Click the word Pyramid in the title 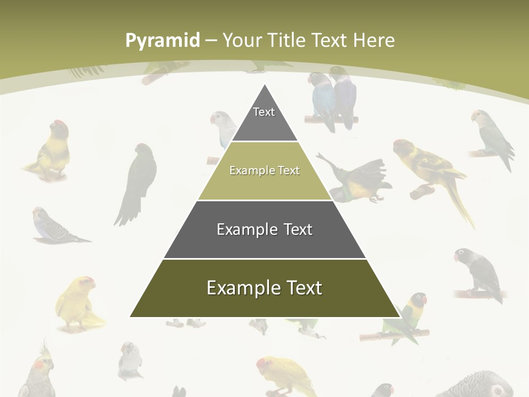162,40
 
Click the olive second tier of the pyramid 264,171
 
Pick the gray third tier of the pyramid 264,229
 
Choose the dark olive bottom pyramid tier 264,288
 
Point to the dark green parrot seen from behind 138,182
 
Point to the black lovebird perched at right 478,273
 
